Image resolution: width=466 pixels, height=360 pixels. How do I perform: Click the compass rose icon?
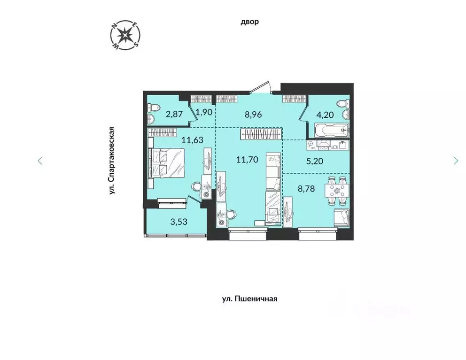coord(124,36)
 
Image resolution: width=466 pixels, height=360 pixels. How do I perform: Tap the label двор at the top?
coord(249,22)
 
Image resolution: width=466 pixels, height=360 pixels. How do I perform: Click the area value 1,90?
coord(204,113)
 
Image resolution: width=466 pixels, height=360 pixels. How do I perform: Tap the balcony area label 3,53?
coord(179,222)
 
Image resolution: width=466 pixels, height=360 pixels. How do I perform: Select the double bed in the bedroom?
coord(164,163)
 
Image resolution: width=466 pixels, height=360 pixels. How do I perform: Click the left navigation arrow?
coord(40,161)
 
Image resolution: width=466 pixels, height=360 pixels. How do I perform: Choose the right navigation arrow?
coord(456,161)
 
